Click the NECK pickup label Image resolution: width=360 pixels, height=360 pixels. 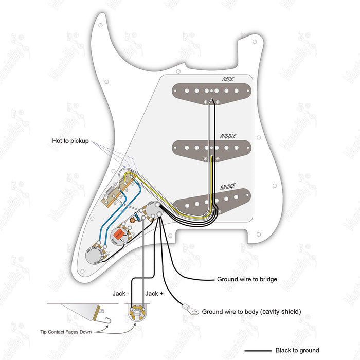pos(227,79)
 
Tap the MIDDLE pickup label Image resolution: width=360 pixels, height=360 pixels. pos(228,136)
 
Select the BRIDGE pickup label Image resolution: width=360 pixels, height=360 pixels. pos(229,187)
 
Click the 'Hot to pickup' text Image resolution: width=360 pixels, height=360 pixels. pos(70,141)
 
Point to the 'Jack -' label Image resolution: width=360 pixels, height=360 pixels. pos(122,293)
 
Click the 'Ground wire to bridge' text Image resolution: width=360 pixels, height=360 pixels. pos(247,280)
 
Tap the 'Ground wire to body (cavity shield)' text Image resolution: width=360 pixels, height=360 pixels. pos(251,312)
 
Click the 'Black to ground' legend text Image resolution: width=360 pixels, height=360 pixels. pos(297,351)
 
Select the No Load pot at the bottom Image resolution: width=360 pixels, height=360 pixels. pos(95,253)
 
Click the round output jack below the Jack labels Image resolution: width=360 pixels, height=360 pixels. pos(136,312)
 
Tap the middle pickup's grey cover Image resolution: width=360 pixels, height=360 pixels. pos(190,148)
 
